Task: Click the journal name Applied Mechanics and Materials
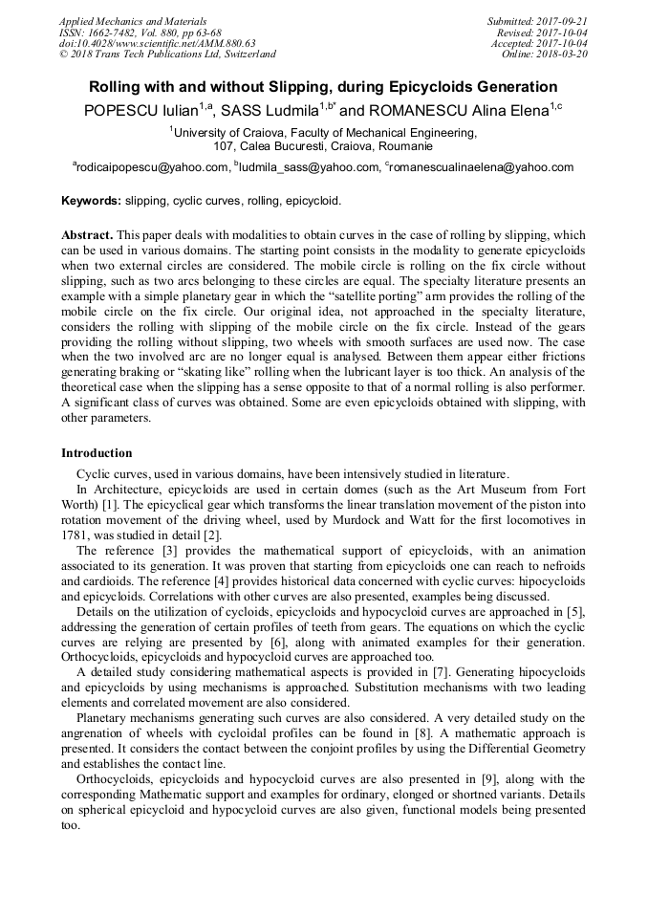tap(133, 21)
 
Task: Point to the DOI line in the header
tap(157, 43)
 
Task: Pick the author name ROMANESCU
tap(413, 111)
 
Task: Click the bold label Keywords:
tap(91, 202)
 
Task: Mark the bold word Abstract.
tap(88, 235)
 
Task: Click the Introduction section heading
tap(97, 453)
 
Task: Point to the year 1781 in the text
tap(76, 535)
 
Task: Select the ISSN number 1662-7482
tap(116, 32)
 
